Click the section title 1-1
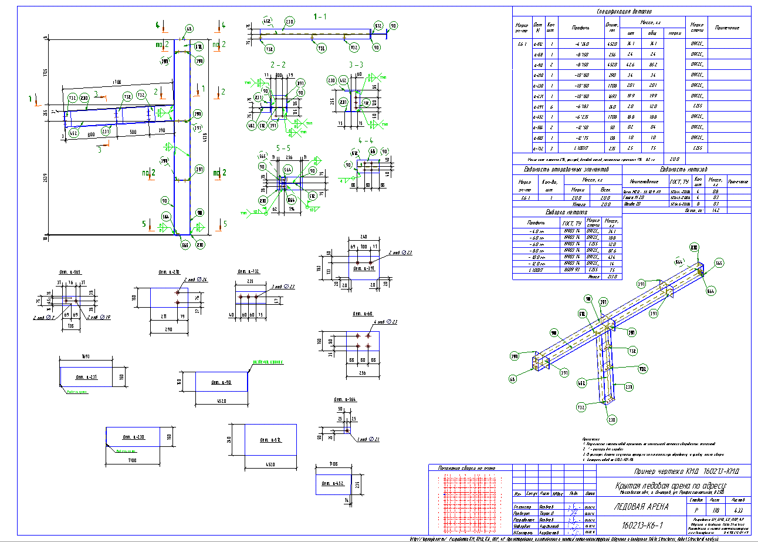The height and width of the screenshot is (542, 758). (x=320, y=17)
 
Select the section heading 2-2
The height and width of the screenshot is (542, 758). (x=278, y=64)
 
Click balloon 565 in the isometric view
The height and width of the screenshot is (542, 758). (x=719, y=263)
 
